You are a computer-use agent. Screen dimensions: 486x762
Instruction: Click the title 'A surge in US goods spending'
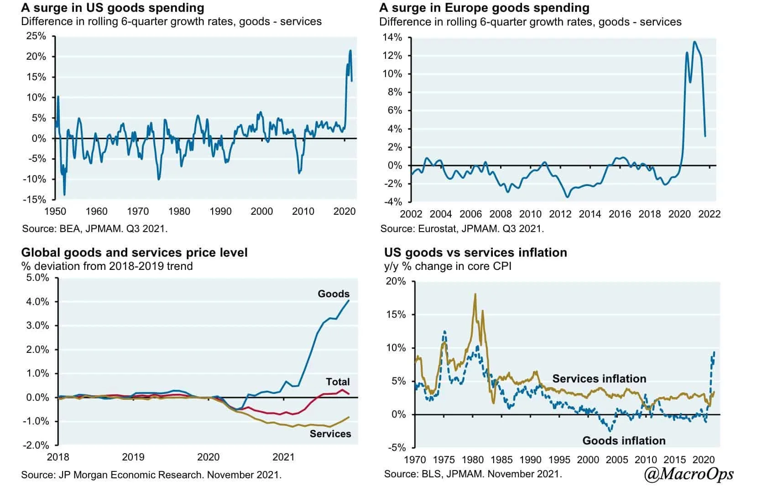(x=112, y=8)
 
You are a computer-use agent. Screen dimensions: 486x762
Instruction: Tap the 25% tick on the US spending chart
(x=36, y=36)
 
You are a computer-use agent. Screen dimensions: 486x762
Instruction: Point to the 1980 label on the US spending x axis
(x=179, y=212)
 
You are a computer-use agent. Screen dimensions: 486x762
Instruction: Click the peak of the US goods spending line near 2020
(x=350, y=51)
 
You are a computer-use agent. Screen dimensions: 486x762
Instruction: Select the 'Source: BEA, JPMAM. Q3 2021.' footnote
(x=94, y=228)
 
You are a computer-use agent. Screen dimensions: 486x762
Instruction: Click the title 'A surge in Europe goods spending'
(x=484, y=8)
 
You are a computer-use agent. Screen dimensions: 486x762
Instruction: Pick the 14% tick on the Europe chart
(x=392, y=37)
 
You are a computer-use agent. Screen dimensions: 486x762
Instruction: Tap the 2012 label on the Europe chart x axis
(x=560, y=214)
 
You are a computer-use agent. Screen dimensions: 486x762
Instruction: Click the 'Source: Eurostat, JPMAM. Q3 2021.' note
(x=462, y=228)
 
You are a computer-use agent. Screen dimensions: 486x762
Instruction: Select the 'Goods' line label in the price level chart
(x=334, y=294)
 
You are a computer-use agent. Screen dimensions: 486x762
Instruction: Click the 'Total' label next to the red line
(x=338, y=382)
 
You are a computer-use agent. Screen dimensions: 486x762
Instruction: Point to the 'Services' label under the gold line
(x=330, y=434)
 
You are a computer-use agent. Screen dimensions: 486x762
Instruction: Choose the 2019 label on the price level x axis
(x=133, y=457)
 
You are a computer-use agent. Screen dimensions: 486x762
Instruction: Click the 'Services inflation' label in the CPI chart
(x=599, y=379)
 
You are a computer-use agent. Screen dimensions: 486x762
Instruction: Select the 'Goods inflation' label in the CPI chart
(x=624, y=440)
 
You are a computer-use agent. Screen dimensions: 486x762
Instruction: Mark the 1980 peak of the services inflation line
(x=475, y=294)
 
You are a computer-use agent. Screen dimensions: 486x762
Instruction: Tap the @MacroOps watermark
(x=689, y=474)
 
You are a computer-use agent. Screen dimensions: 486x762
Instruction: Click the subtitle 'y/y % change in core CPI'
(x=448, y=266)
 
